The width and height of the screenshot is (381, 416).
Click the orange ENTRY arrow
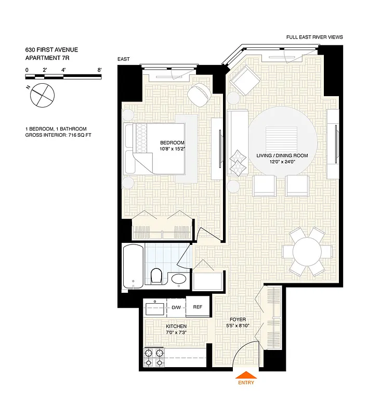click(246, 375)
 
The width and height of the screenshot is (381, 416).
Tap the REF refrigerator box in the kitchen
click(198, 307)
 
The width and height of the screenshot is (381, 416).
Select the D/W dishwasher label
click(176, 307)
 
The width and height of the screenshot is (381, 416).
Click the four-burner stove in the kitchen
click(153, 357)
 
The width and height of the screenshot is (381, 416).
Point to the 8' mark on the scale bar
click(99, 70)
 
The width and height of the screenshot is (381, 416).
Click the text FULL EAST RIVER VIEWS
click(314, 37)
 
